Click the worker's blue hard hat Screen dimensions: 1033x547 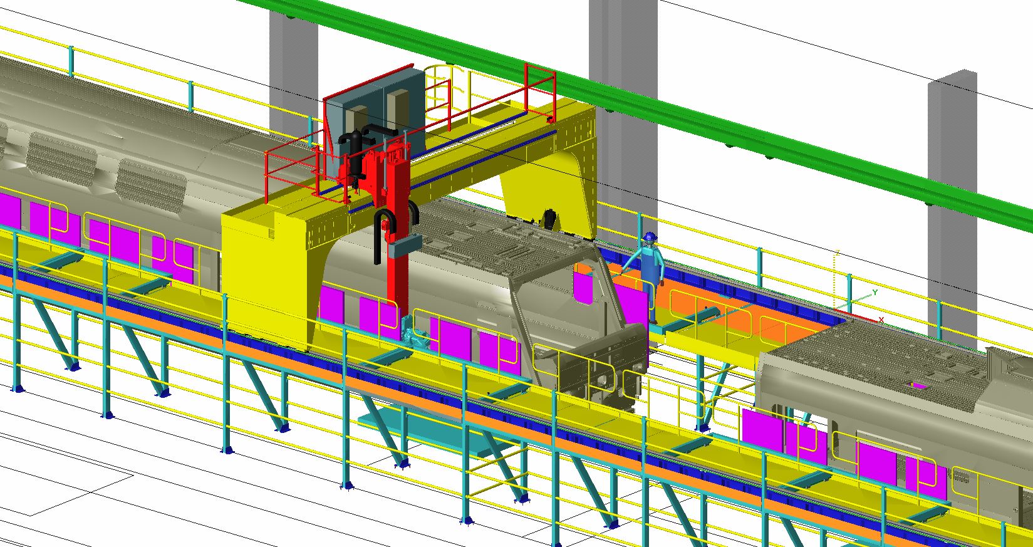click(x=650, y=237)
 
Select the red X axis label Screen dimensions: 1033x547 click(x=881, y=320)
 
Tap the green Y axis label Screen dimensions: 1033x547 click(x=875, y=293)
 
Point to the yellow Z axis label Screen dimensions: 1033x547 click(x=838, y=253)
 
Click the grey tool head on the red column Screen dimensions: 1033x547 click(x=405, y=246)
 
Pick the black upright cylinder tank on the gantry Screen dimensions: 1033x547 click(x=356, y=160)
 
